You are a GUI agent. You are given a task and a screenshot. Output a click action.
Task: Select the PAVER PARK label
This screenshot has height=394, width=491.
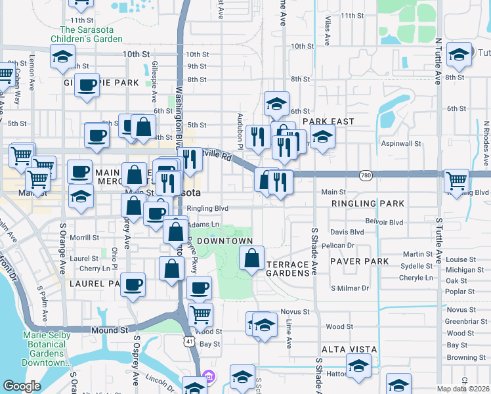pyautogui.click(x=359, y=261)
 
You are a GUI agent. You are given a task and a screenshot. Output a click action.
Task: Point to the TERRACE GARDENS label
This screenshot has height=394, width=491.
pyautogui.click(x=288, y=269)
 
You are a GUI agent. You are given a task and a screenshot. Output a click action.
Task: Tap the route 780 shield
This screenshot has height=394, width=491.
pyautogui.click(x=366, y=175)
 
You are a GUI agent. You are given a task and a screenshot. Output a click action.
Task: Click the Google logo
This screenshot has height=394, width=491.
pyautogui.click(x=22, y=386)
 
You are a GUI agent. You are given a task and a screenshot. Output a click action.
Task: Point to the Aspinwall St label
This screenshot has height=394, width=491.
pyautogui.click(x=399, y=143)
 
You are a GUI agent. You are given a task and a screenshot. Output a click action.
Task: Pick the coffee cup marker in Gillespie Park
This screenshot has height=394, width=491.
pyautogui.click(x=87, y=85)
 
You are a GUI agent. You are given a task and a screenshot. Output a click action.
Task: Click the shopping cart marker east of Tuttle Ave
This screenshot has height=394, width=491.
pyautogui.click(x=456, y=179)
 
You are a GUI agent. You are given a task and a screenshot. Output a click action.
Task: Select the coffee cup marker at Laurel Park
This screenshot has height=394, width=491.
pyautogui.click(x=133, y=284)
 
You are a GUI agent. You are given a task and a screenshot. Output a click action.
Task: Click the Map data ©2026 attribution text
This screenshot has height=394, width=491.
pyautogui.click(x=462, y=389)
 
